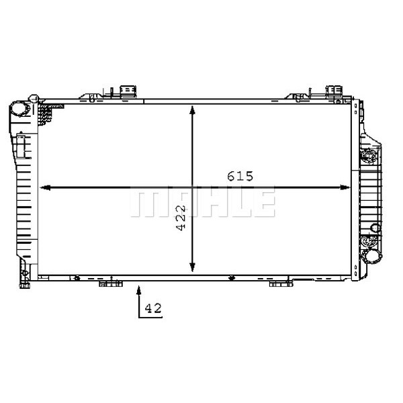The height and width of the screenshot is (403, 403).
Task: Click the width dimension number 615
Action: click(x=239, y=177)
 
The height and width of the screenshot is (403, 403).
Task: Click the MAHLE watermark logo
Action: click(x=202, y=202)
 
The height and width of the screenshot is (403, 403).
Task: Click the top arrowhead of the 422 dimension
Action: click(x=193, y=109)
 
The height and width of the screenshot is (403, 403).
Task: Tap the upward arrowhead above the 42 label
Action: click(x=139, y=289)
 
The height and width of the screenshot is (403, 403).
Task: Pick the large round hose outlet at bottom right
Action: click(x=370, y=256)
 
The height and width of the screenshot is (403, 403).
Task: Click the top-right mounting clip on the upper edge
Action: click(x=334, y=92)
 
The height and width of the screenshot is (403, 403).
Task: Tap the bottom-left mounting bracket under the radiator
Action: click(x=111, y=283)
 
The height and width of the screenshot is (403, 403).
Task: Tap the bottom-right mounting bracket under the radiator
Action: click(x=281, y=283)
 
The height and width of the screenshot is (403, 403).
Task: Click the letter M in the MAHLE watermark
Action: click(x=144, y=202)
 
